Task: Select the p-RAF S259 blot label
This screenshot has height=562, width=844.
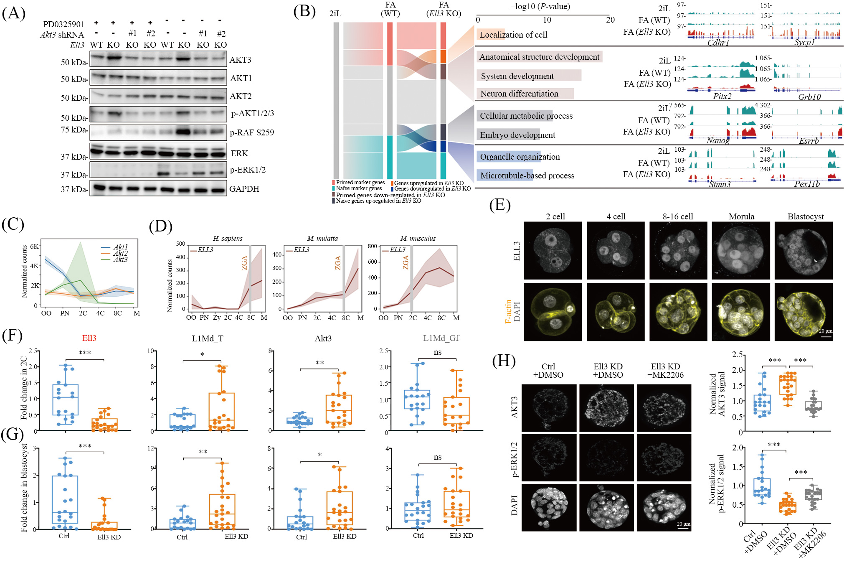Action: click(x=252, y=133)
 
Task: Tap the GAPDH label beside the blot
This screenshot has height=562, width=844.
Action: click(x=244, y=189)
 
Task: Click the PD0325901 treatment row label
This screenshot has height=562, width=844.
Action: click(x=63, y=24)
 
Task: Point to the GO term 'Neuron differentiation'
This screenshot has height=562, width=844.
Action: click(x=519, y=94)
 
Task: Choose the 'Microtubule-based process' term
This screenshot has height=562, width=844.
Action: click(x=527, y=175)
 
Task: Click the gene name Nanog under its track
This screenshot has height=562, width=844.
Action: click(x=718, y=140)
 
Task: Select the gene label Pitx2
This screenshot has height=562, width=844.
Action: click(x=722, y=97)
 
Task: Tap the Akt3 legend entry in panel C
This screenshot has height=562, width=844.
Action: click(x=120, y=259)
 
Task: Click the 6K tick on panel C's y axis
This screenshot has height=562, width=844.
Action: click(x=34, y=246)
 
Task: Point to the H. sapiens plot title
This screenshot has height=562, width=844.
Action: click(x=227, y=239)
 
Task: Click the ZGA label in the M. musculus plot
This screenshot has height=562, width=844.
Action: click(x=406, y=262)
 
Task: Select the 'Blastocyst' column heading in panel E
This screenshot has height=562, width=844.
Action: click(x=805, y=216)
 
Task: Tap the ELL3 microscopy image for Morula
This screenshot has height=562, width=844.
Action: click(x=741, y=250)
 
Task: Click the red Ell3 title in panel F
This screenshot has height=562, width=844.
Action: click(x=89, y=338)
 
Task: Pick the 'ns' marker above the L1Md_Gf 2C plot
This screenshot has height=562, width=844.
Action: click(x=437, y=352)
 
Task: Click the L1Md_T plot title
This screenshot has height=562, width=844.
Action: click(x=207, y=338)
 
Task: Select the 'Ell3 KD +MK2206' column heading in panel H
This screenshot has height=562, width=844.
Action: click(x=665, y=371)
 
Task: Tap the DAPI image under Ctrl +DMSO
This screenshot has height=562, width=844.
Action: click(x=549, y=507)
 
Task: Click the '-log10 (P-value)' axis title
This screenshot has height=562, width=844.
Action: click(x=540, y=6)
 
